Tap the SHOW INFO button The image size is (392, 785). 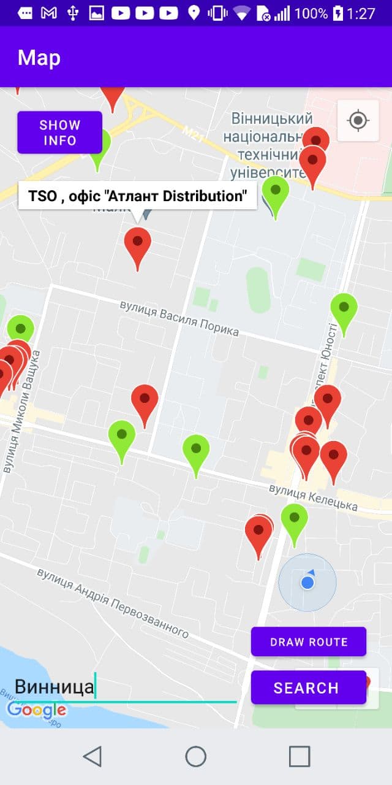(x=59, y=132)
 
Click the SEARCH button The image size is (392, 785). (x=308, y=687)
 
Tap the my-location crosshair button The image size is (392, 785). (x=358, y=120)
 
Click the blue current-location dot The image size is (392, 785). (x=307, y=583)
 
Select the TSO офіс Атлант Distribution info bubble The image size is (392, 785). (x=138, y=196)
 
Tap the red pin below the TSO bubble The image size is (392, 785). (x=137, y=245)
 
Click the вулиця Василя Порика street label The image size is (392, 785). (x=179, y=318)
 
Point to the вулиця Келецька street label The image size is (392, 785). (x=313, y=496)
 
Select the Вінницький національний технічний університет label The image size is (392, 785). (x=268, y=145)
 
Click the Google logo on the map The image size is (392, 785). (x=36, y=710)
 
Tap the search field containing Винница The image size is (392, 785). (x=123, y=687)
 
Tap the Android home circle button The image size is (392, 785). (x=196, y=757)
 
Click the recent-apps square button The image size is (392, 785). (x=300, y=757)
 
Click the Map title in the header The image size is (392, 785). (x=39, y=58)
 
